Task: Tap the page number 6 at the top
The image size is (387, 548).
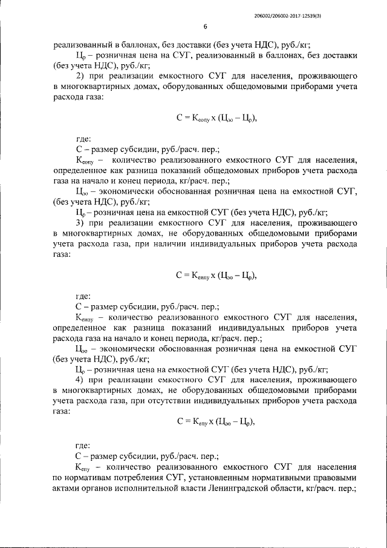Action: tap(205, 27)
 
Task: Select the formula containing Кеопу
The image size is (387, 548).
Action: tap(217, 119)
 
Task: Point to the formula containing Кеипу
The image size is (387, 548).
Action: tap(217, 276)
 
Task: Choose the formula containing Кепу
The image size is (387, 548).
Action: tap(217, 421)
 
